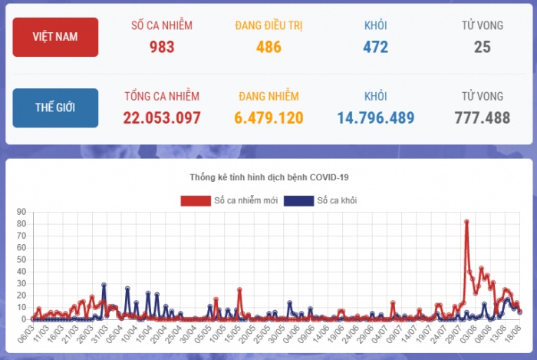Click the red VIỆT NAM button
point(55,37)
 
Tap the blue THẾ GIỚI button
point(55,107)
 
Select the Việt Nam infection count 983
point(162,47)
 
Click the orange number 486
point(268,47)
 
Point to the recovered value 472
point(376,47)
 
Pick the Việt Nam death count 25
point(483,47)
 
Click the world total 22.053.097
point(162,118)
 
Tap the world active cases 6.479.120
point(268,118)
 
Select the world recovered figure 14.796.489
point(376,118)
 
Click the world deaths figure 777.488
point(483,118)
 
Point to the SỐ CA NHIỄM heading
point(162,25)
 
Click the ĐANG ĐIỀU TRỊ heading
point(268,25)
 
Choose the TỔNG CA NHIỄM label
point(162,97)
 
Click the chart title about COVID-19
point(268,177)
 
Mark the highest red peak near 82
point(466,222)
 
